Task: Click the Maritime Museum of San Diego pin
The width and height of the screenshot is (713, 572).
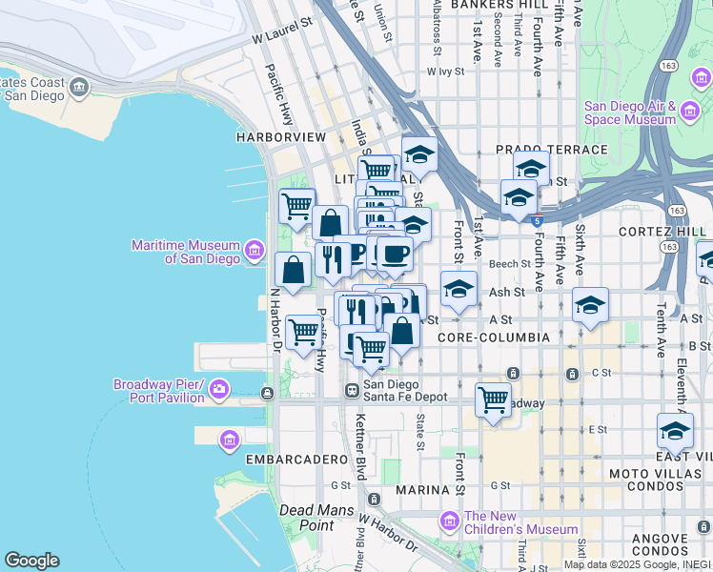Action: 255,251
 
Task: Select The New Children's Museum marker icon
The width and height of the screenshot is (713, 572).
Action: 449,521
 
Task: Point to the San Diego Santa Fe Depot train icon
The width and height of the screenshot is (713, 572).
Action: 352,390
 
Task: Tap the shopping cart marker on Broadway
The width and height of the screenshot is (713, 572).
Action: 493,399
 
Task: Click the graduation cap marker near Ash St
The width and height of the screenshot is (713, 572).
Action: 458,289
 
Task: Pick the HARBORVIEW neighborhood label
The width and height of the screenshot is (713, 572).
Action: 281,137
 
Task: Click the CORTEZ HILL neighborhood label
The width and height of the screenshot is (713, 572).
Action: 662,232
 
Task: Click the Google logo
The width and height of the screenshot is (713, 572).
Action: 31,560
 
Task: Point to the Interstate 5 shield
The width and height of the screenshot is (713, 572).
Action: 538,221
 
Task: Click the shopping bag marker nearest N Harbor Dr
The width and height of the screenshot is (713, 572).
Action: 293,270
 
